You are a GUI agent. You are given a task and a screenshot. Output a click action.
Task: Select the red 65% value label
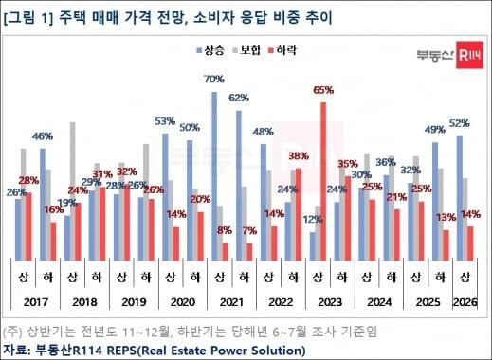click(323, 91)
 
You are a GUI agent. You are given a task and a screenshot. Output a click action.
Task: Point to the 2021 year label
click(228, 304)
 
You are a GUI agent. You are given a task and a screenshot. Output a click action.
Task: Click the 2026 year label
click(465, 304)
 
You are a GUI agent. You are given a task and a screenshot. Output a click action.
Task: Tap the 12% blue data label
click(311, 220)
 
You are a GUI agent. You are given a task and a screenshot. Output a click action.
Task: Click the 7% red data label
click(250, 230)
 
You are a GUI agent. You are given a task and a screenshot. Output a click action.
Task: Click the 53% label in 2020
click(166, 121)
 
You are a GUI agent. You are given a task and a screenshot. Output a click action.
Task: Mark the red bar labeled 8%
click(226, 250)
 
